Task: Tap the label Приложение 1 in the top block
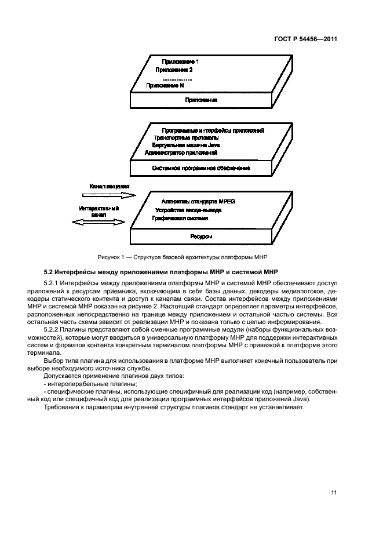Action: click(181, 61)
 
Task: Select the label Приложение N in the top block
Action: click(166, 85)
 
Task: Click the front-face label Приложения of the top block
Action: click(201, 100)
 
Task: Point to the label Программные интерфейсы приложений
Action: click(214, 130)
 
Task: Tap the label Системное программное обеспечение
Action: click(201, 168)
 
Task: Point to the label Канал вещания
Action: click(108, 187)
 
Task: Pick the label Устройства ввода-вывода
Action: click(188, 210)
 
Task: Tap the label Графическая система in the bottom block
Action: click(180, 218)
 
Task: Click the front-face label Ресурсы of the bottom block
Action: click(201, 237)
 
